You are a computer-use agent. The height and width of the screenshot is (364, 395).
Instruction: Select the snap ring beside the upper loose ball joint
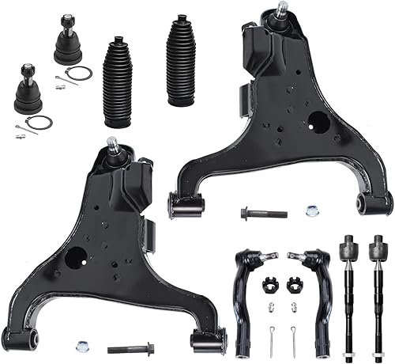click(x=79, y=74)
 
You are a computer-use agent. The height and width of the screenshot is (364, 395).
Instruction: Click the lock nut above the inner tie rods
click(x=310, y=212)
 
